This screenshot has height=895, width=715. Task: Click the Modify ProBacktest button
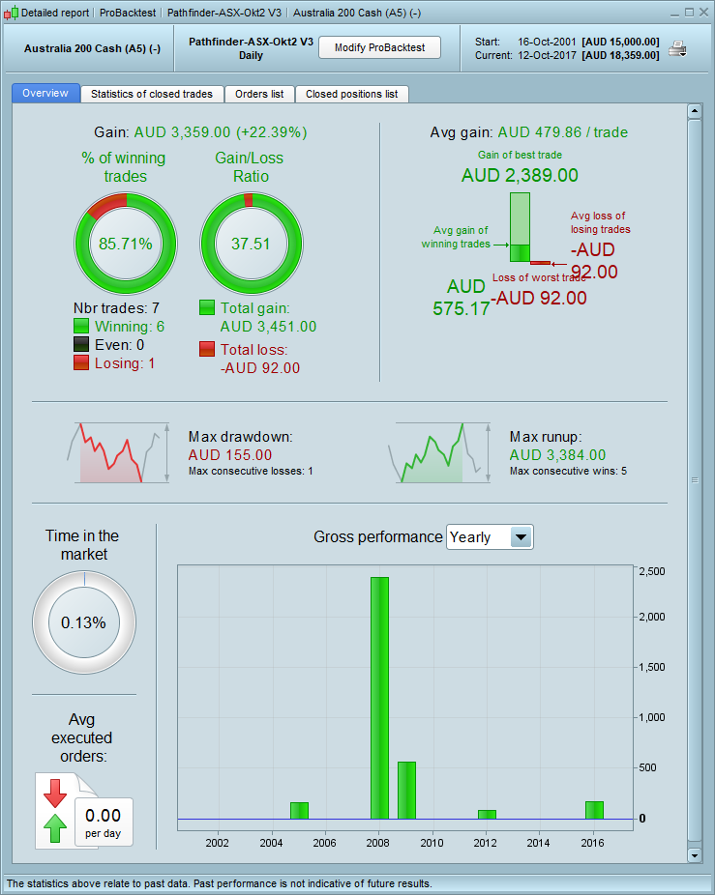pyautogui.click(x=379, y=48)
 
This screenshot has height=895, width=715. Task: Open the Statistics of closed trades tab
pyautogui.click(x=153, y=94)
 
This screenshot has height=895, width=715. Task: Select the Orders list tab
pyautogui.click(x=259, y=94)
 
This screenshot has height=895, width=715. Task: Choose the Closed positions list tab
pyautogui.click(x=351, y=94)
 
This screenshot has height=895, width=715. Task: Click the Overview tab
pyautogui.click(x=45, y=94)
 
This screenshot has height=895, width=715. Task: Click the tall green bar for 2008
pyautogui.click(x=379, y=696)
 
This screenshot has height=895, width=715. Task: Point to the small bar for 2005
pyautogui.click(x=299, y=809)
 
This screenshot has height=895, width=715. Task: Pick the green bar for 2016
pyautogui.click(x=594, y=809)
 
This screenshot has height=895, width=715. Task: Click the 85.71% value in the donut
pyautogui.click(x=126, y=244)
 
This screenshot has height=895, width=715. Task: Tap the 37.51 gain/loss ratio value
pyautogui.click(x=251, y=244)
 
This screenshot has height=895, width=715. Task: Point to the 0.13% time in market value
pyautogui.click(x=83, y=622)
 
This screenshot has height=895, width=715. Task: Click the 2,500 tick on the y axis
pyautogui.click(x=653, y=571)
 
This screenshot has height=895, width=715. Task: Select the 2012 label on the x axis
pyautogui.click(x=486, y=843)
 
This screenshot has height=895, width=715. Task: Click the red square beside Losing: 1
pyautogui.click(x=82, y=362)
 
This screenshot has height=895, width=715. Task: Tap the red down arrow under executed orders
pyautogui.click(x=55, y=793)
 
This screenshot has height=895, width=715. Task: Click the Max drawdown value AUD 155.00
pyautogui.click(x=230, y=454)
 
